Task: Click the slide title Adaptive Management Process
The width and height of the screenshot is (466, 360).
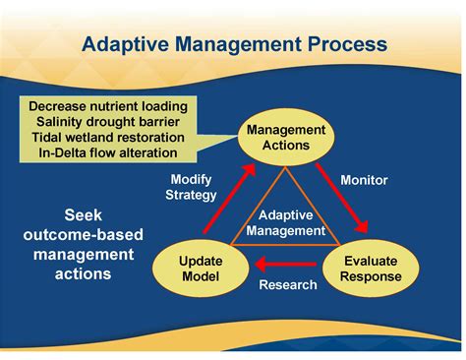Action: pos(233,45)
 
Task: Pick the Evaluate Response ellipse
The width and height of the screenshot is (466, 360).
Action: pos(372,269)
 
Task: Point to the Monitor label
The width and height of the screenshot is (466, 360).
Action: pos(364,180)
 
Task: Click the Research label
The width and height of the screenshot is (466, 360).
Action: pos(287,285)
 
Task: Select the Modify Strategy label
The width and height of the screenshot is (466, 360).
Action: pos(192,187)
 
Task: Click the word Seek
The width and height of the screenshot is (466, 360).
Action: pos(84,214)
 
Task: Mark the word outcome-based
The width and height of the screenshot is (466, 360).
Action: pos(84,234)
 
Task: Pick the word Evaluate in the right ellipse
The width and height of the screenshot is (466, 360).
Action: pos(372,261)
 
